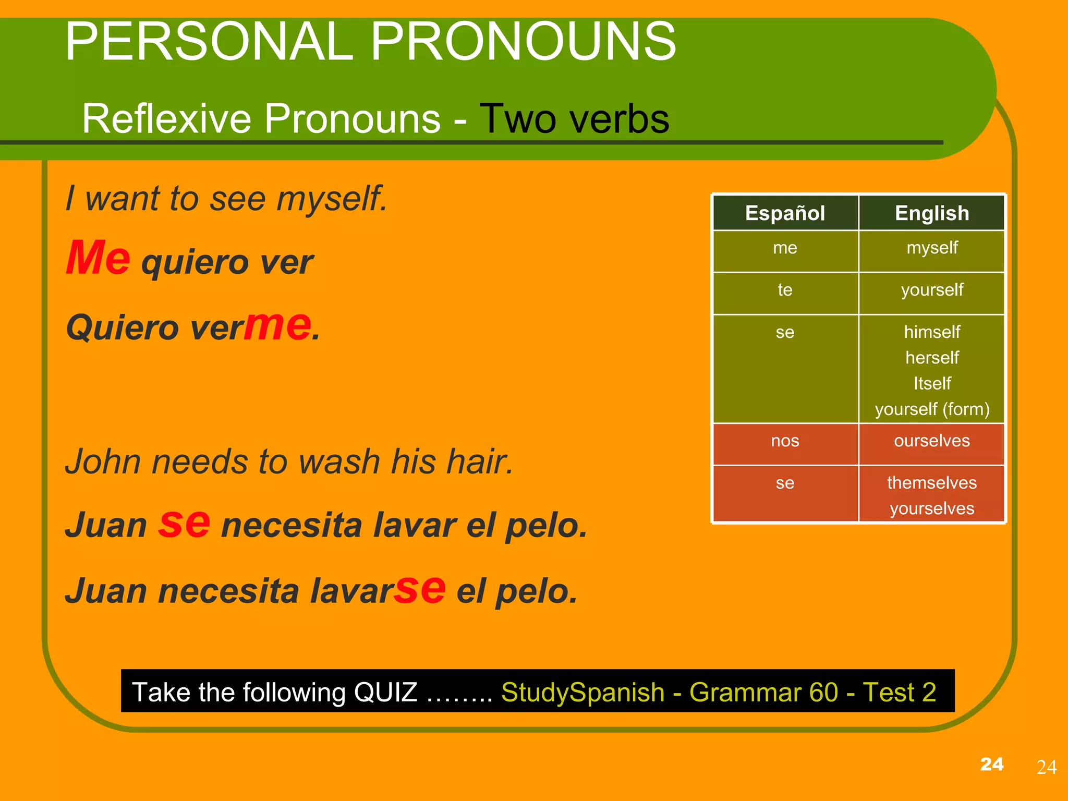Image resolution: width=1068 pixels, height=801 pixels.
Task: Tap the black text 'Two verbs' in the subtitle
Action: pyautogui.click(x=574, y=119)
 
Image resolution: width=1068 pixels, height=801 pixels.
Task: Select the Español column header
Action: pyautogui.click(x=785, y=213)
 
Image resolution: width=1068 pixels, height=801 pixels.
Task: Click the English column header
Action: pyautogui.click(x=932, y=213)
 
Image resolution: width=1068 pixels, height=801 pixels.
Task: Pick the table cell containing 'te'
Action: pyautogui.click(x=785, y=290)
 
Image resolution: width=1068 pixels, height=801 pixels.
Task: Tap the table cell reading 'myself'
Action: pyautogui.click(x=932, y=248)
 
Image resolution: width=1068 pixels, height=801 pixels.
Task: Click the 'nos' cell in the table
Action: pyautogui.click(x=785, y=441)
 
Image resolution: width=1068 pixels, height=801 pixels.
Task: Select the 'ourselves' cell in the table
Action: pyautogui.click(x=932, y=441)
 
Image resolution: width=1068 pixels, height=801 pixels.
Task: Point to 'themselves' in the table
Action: pyautogui.click(x=932, y=483)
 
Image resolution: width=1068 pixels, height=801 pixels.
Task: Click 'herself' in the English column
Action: pyautogui.click(x=932, y=358)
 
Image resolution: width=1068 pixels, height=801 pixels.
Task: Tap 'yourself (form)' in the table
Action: pyautogui.click(x=932, y=409)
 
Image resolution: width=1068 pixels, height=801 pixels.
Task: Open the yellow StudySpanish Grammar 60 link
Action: pyautogui.click(x=718, y=693)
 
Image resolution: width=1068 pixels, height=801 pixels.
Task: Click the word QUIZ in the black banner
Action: pyautogui.click(x=385, y=693)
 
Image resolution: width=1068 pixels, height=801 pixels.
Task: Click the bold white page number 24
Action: pyautogui.click(x=991, y=764)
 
